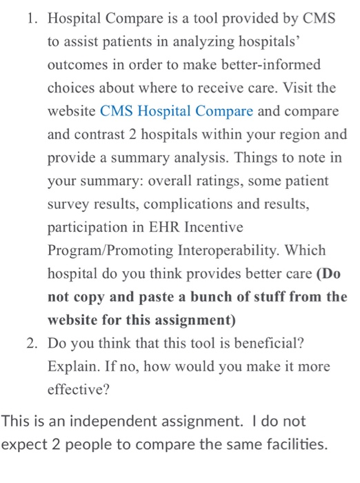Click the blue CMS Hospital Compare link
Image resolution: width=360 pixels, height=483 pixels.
(177, 110)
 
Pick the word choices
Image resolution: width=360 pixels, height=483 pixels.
(69, 88)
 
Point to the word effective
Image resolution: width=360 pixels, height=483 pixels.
(77, 391)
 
